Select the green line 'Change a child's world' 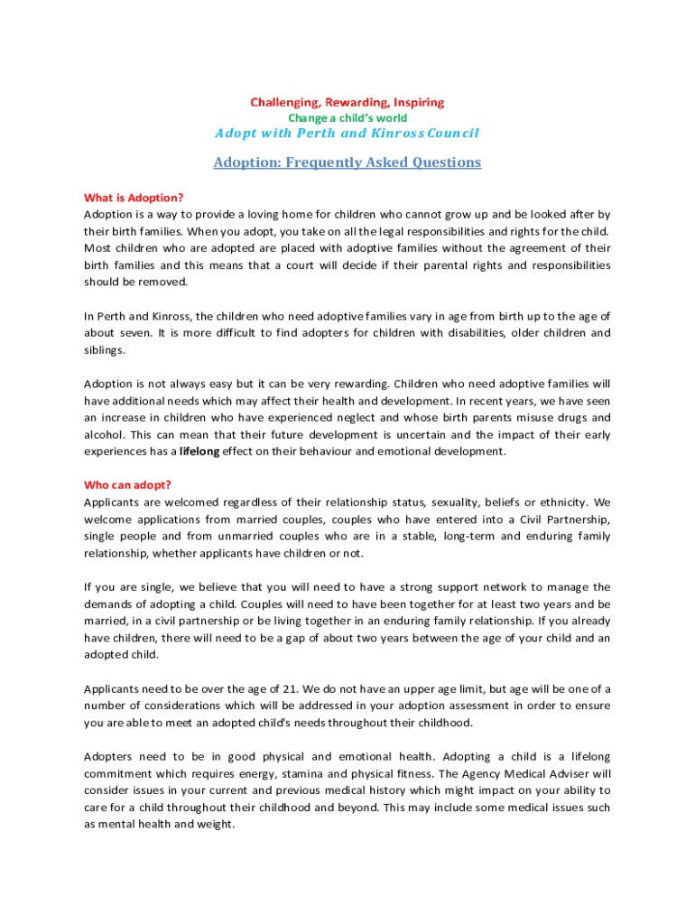(347, 118)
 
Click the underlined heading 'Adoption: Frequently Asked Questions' (347, 162)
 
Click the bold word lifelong (199, 451)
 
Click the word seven (130, 333)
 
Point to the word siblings (105, 350)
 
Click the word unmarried (248, 536)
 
